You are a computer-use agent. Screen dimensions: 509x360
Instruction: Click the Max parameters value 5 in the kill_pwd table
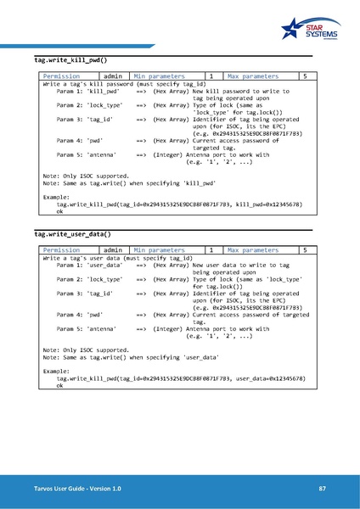click(305, 76)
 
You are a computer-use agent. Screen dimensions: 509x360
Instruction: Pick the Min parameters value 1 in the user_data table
click(211, 250)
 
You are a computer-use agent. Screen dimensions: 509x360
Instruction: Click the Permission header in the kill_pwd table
click(60, 76)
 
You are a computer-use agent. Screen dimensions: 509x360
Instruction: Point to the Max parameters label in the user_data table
click(253, 250)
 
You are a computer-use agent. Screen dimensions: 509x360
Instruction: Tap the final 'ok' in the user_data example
click(59, 385)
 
